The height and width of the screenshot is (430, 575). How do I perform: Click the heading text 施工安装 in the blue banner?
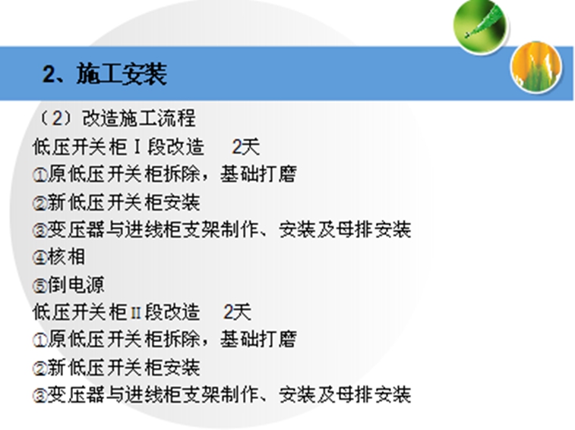(x=122, y=74)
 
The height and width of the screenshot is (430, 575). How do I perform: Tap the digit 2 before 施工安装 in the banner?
(x=49, y=74)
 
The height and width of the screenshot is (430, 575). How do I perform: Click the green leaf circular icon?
(x=480, y=27)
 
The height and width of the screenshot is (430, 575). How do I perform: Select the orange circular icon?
(x=536, y=67)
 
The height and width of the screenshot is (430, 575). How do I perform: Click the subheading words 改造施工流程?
(x=139, y=118)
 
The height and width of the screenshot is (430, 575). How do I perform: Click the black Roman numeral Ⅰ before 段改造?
(x=137, y=147)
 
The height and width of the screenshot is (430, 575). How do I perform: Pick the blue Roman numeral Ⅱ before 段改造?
(x=136, y=312)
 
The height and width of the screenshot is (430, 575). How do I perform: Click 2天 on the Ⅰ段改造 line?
(x=245, y=147)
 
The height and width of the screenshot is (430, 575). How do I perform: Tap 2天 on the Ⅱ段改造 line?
(x=237, y=312)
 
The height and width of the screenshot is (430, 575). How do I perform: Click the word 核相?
(x=66, y=257)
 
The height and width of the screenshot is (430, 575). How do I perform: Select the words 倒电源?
(x=76, y=284)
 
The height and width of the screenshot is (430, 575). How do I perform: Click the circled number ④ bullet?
(x=39, y=258)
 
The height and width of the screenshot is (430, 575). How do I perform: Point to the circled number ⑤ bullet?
(x=39, y=286)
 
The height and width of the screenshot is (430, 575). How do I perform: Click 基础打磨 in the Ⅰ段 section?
(x=258, y=174)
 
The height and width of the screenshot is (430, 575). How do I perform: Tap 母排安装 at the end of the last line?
(x=374, y=394)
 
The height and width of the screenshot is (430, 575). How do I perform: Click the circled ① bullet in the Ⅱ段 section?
(x=39, y=341)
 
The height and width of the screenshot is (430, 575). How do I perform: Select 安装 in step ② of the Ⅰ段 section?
(x=181, y=202)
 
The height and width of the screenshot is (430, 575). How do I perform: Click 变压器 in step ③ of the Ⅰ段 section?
(x=76, y=230)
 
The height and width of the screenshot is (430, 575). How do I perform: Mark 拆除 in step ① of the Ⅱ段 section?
(x=181, y=339)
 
